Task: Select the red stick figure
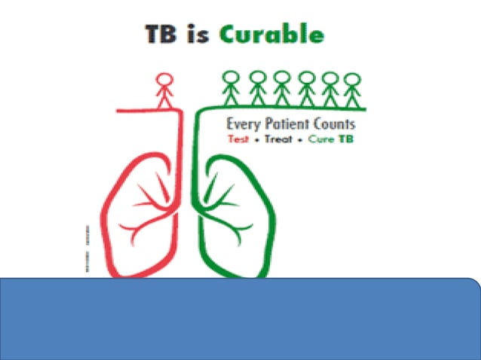coord(164,91)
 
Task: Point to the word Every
coord(244,124)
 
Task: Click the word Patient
coord(290,124)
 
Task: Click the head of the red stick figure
coord(164,78)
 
